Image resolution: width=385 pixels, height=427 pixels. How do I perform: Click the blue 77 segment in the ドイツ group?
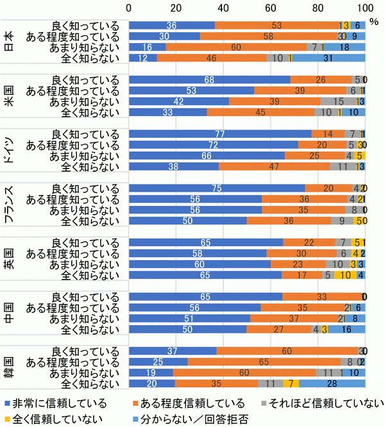220,134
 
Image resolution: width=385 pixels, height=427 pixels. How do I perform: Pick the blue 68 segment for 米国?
209,80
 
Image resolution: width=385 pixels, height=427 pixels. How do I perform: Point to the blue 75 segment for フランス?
218,188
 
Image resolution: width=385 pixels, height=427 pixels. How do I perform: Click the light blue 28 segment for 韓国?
332,384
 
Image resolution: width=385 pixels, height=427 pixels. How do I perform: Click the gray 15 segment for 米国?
338,101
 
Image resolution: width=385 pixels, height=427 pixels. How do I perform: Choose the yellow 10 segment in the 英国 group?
345,275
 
